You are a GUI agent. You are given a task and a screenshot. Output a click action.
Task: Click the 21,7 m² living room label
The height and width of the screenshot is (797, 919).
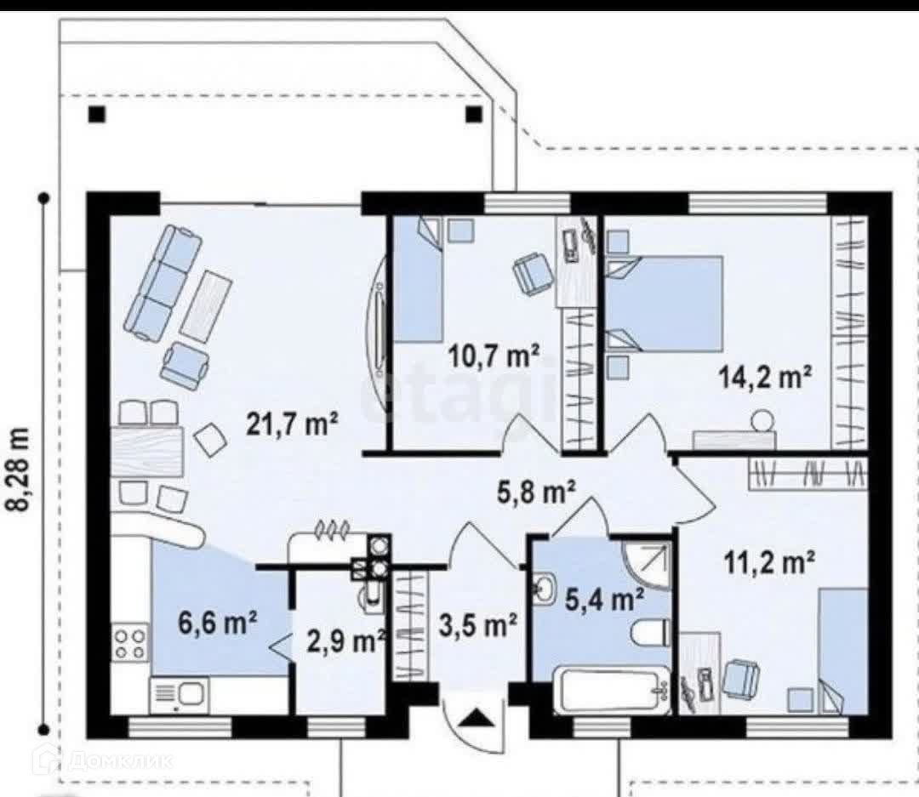point(292,423)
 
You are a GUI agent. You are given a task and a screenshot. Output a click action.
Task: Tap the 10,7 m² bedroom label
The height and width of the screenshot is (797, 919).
point(494,356)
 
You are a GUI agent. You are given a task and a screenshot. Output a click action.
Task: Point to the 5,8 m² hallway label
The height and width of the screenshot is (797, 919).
point(536,492)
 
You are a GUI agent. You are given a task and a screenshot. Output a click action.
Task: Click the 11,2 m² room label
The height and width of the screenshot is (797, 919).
point(769,564)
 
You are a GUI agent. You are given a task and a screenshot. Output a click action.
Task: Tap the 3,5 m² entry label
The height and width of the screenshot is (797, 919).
point(477,624)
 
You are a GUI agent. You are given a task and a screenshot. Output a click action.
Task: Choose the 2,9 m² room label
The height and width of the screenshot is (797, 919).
point(345,641)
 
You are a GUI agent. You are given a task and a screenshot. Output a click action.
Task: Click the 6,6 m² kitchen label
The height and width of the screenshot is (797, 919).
point(218,623)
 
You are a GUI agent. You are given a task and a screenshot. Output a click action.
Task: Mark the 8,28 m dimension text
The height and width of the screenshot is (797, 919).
point(20,470)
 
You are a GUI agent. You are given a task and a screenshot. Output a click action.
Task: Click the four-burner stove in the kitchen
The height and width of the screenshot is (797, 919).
point(130,643)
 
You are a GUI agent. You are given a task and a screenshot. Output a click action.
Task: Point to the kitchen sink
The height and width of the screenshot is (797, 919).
point(179,696)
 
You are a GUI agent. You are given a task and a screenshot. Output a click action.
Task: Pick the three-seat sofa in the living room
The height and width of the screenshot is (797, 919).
point(164,282)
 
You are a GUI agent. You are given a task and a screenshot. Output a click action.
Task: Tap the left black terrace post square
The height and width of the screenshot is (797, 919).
point(97,114)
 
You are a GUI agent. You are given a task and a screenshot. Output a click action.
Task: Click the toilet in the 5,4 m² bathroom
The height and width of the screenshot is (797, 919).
point(650,633)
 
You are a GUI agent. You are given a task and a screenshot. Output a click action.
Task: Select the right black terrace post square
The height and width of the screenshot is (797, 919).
point(474,114)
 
